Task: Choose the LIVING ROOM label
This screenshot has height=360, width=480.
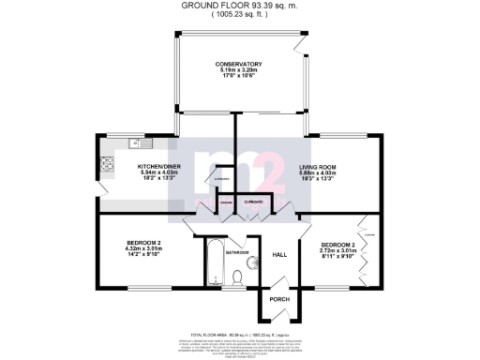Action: (x=318, y=167)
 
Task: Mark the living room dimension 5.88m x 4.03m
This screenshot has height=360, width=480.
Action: (x=318, y=173)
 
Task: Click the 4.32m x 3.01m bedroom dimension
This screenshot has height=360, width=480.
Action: (x=144, y=248)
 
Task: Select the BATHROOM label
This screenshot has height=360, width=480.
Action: (x=236, y=252)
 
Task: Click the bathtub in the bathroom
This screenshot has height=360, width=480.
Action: (x=214, y=262)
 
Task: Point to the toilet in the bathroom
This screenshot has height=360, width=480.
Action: (x=239, y=276)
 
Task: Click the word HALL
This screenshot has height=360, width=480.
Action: (x=279, y=254)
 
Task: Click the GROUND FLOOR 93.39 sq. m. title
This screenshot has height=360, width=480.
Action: (x=239, y=5)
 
